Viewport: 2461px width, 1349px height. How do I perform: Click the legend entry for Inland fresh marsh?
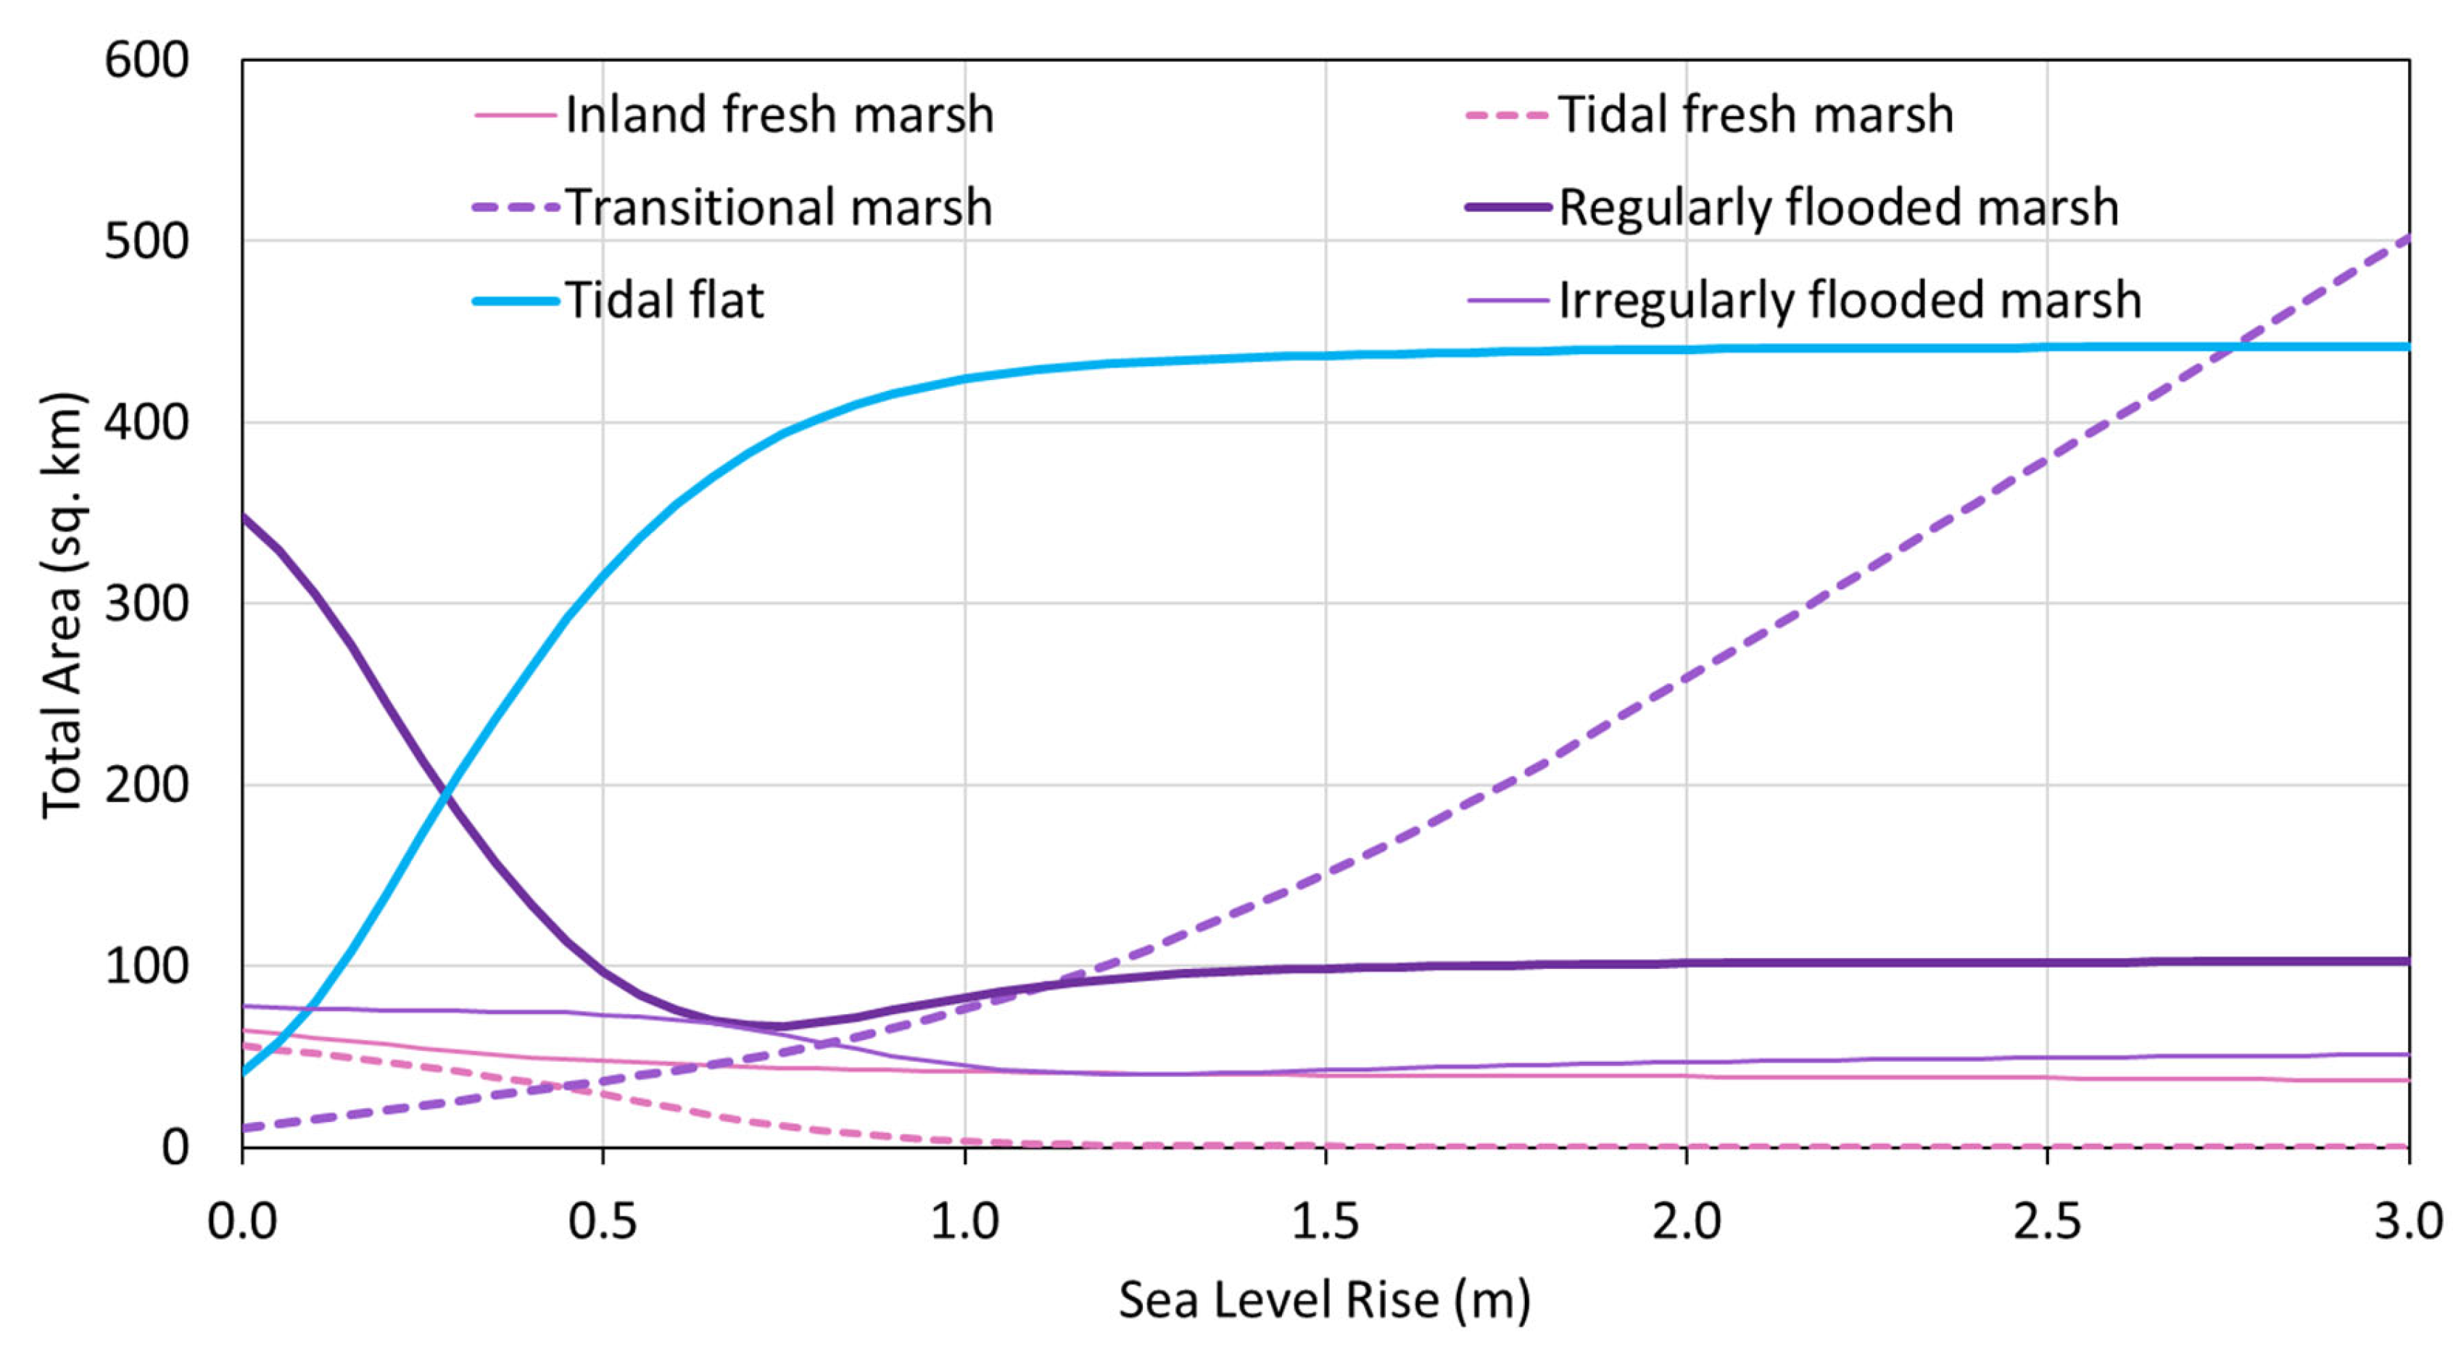coord(779,115)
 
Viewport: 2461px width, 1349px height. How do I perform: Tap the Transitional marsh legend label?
coord(779,207)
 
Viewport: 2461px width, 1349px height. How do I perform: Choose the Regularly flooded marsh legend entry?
coord(1838,207)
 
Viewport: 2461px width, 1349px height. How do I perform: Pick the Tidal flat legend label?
coord(664,300)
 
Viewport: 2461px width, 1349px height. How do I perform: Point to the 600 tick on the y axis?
coord(146,60)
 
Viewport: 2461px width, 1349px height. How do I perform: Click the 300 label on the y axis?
coord(146,604)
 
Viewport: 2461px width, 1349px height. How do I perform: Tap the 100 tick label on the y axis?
coord(146,966)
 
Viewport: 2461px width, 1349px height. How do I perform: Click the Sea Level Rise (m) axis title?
coord(1324,1300)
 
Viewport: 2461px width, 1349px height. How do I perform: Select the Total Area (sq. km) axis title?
coord(63,605)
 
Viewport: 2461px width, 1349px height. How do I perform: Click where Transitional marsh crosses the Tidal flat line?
coord(2238,347)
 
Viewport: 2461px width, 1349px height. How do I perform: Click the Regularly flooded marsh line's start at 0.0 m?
coord(244,516)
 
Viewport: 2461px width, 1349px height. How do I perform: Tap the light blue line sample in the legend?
coord(516,301)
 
